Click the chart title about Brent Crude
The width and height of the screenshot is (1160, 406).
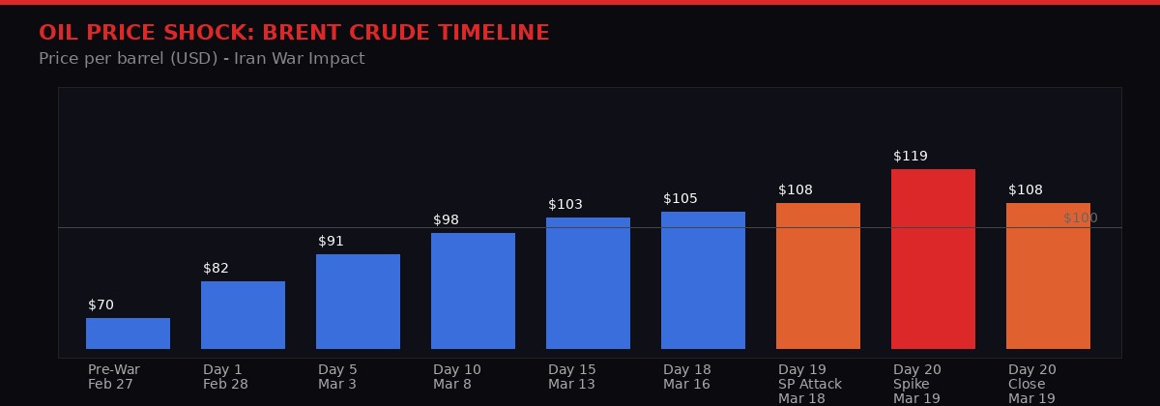pyautogui.click(x=294, y=33)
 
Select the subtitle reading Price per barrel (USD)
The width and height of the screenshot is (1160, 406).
pyautogui.click(x=201, y=59)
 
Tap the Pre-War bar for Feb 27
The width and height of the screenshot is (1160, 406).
pyautogui.click(x=128, y=333)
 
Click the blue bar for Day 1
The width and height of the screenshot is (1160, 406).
pyautogui.click(x=243, y=315)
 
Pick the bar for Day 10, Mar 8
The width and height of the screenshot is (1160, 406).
pyautogui.click(x=473, y=291)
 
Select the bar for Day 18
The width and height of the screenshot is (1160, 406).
pyautogui.click(x=703, y=280)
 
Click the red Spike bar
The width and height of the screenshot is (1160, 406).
pyautogui.click(x=933, y=259)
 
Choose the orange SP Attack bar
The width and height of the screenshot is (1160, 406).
pyautogui.click(x=818, y=275)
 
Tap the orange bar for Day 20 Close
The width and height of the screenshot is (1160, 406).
pyautogui.click(x=1048, y=275)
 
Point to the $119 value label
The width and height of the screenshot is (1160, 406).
pyautogui.click(x=911, y=156)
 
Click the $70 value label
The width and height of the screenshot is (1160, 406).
pyautogui.click(x=101, y=304)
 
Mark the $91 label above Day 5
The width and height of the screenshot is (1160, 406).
pyautogui.click(x=331, y=241)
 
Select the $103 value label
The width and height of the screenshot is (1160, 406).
pyautogui.click(x=565, y=204)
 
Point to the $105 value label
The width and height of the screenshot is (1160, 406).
pyautogui.click(x=681, y=198)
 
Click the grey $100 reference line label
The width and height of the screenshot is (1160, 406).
pyautogui.click(x=1080, y=217)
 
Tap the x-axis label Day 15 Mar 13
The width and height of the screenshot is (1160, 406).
pyautogui.click(x=572, y=377)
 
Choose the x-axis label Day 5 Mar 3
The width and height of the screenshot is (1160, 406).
pyautogui.click(x=337, y=377)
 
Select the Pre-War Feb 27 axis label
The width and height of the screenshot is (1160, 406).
pyautogui.click(x=113, y=377)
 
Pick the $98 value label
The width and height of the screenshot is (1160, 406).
pyautogui.click(x=446, y=219)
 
